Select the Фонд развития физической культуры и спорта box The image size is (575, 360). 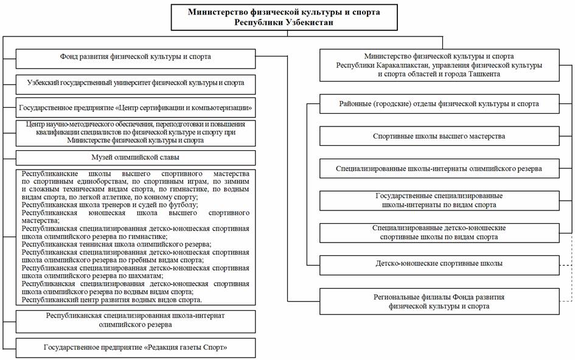coord(135,58)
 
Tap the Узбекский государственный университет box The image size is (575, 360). coord(135,83)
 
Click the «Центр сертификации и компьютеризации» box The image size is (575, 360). coord(135,108)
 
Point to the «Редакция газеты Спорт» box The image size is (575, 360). coord(135,348)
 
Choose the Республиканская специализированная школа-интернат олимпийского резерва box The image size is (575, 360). coord(135,320)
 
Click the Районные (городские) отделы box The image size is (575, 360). coord(439,104)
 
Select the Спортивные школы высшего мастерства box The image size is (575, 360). coord(439,136)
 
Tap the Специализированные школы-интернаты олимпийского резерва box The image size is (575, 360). coord(439,168)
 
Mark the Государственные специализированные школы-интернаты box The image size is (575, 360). coord(439,201)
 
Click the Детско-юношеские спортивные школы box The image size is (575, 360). coord(439,264)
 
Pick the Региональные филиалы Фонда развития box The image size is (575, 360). coord(439,302)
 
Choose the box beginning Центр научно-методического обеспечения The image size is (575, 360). coord(135,133)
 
